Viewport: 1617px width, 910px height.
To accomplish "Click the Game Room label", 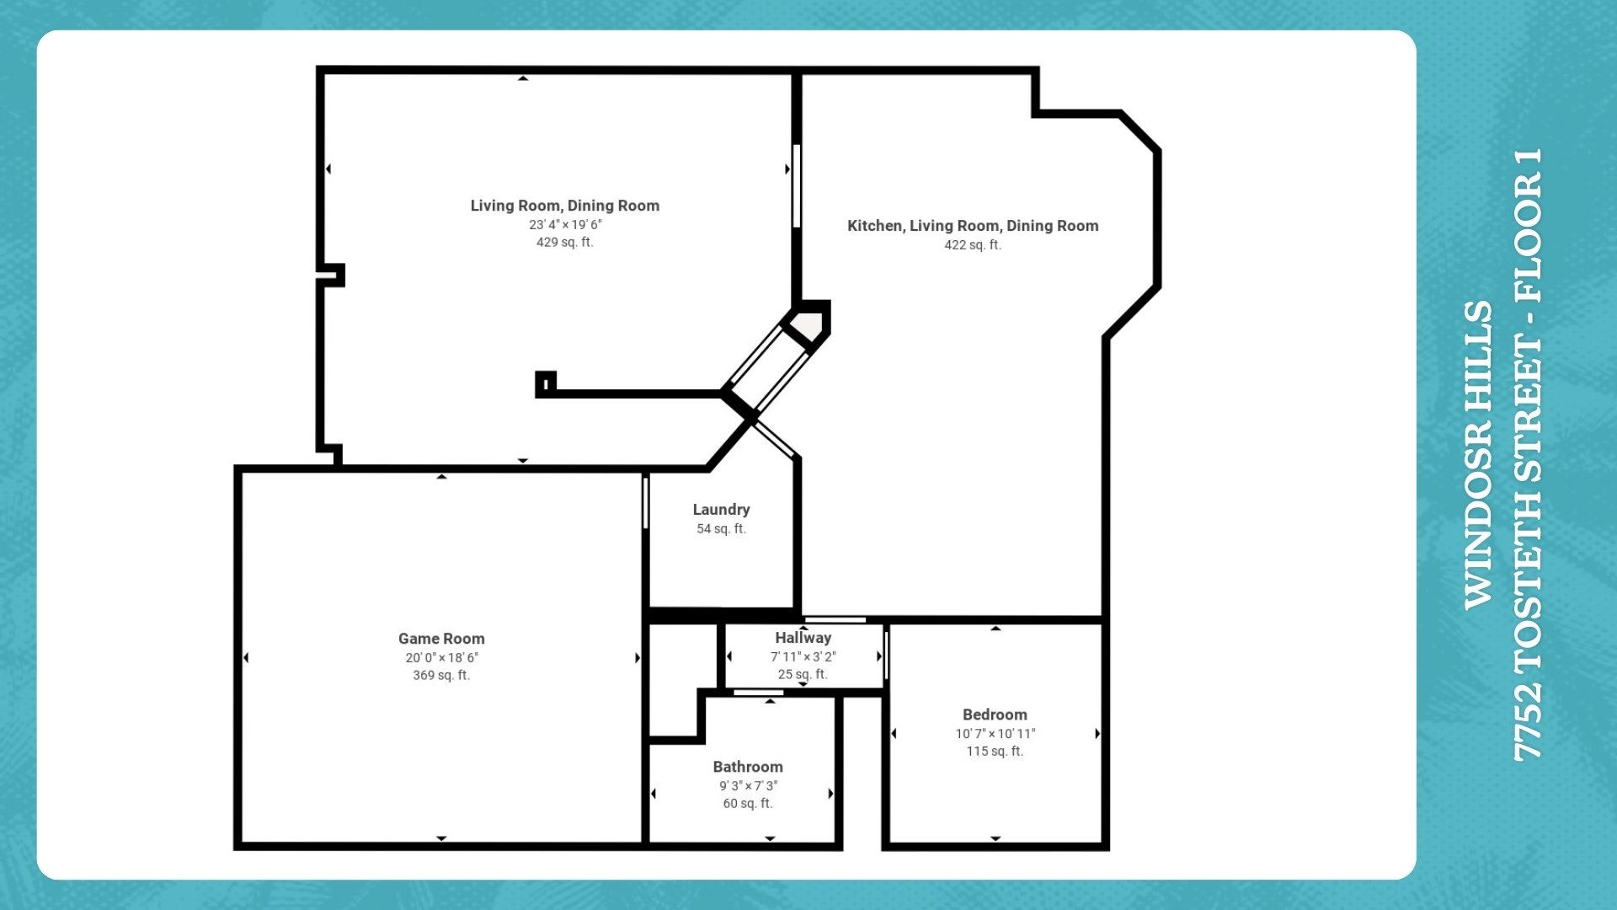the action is point(441,639).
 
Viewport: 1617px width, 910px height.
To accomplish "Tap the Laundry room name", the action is point(721,510).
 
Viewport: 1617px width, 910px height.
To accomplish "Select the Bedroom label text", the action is point(995,715).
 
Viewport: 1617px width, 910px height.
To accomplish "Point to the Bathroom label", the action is point(748,767).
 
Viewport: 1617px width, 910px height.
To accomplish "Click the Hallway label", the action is point(803,638).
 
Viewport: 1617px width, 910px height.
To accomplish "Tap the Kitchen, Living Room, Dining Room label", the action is point(973,226).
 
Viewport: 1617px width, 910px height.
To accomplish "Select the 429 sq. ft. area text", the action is point(564,242).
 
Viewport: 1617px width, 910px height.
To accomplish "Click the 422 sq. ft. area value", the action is point(973,245).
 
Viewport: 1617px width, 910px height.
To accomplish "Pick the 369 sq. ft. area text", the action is point(441,675).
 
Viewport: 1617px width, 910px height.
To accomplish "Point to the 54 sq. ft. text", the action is point(721,529).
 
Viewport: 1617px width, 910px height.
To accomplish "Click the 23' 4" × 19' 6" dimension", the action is point(565,224).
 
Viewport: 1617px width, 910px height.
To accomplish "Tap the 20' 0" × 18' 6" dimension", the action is point(441,657).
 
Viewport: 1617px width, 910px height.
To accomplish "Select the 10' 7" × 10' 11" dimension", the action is point(995,733).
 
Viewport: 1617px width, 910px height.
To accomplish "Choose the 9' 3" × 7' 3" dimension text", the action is point(748,785).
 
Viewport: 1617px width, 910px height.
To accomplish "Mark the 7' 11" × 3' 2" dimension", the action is point(803,656).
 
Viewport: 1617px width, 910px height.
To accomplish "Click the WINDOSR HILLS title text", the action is point(1478,455).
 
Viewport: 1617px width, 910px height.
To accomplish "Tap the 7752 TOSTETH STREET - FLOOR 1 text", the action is point(1528,455).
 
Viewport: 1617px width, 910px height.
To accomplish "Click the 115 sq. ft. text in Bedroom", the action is point(995,751).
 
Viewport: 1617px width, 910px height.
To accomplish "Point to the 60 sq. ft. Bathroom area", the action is point(748,803).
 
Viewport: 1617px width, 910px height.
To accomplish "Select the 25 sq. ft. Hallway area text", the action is point(803,674).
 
